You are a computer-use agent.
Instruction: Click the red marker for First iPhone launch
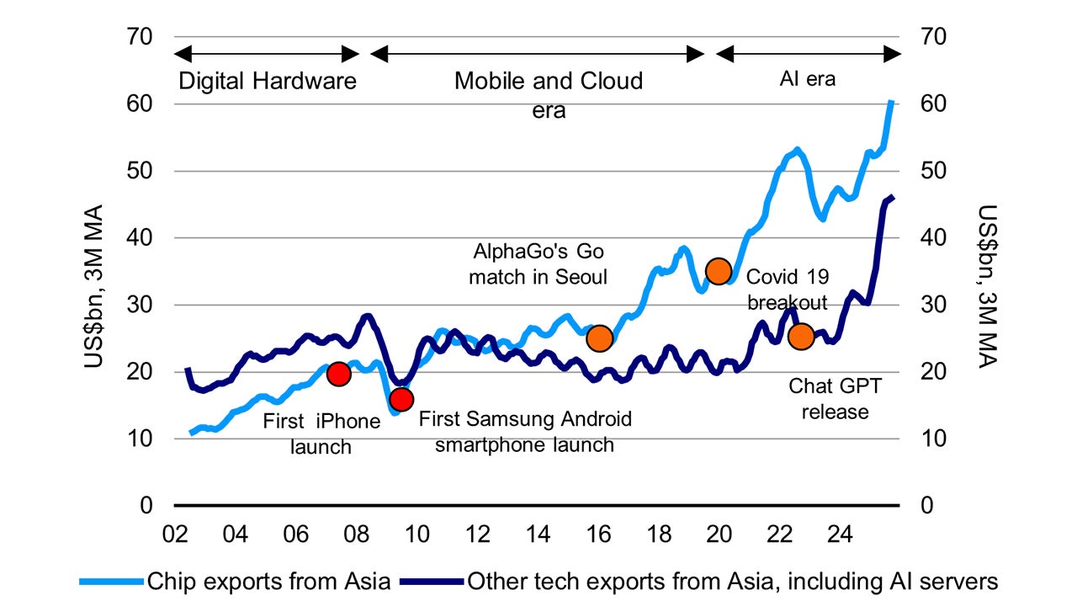click(338, 374)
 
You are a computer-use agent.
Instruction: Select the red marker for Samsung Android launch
click(401, 399)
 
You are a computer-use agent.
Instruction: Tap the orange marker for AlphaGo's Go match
click(599, 338)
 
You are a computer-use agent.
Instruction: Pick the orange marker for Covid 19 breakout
click(719, 271)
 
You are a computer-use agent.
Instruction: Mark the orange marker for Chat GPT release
click(800, 337)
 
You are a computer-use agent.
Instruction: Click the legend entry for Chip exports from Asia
click(235, 581)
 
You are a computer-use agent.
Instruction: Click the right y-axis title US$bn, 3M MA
click(985, 286)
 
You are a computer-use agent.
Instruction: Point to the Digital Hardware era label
click(268, 82)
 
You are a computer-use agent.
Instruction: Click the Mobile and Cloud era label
click(549, 95)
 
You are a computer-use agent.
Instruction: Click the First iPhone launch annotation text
click(321, 433)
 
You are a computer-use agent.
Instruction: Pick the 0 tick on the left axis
click(145, 506)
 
